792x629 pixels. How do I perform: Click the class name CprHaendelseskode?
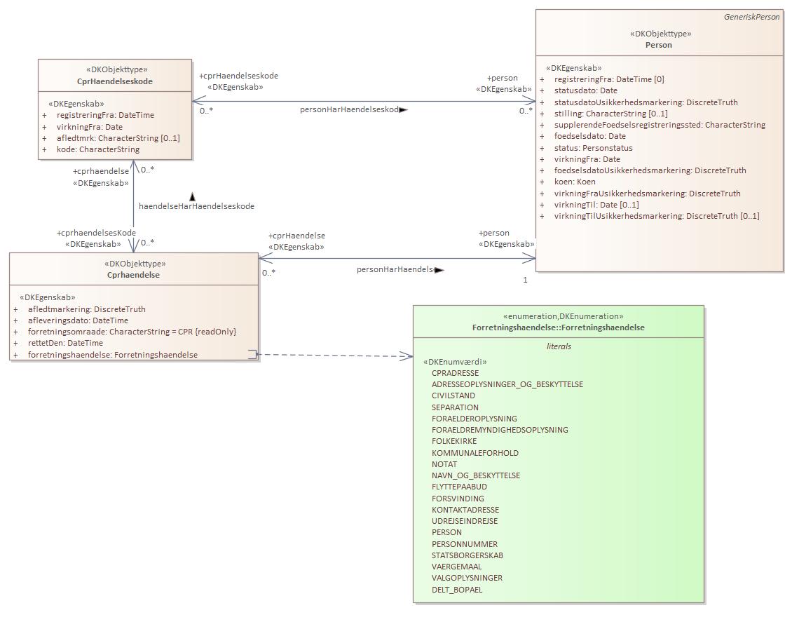click(x=115, y=81)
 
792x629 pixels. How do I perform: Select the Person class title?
click(x=658, y=45)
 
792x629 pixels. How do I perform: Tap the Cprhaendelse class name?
click(x=133, y=275)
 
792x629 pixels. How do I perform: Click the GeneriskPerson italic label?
click(x=751, y=17)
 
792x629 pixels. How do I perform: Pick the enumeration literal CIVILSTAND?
click(x=453, y=395)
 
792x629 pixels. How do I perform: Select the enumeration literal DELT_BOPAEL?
click(x=456, y=590)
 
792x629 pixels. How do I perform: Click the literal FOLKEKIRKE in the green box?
click(x=453, y=441)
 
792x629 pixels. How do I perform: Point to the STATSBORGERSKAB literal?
click(x=467, y=555)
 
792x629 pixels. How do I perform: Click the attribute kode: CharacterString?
click(x=98, y=149)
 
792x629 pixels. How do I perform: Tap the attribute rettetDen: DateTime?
click(x=65, y=343)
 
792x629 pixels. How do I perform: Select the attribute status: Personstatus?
click(x=593, y=148)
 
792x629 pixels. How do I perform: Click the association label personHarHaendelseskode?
click(x=350, y=109)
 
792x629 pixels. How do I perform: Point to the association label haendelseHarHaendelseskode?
click(x=196, y=206)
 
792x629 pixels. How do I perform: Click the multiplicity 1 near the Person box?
click(x=525, y=280)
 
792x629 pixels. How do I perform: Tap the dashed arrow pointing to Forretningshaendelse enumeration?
click(x=336, y=356)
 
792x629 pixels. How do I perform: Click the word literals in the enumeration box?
click(x=558, y=346)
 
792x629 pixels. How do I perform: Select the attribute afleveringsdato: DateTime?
click(x=78, y=320)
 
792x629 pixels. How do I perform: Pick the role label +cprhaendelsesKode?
click(x=96, y=233)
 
